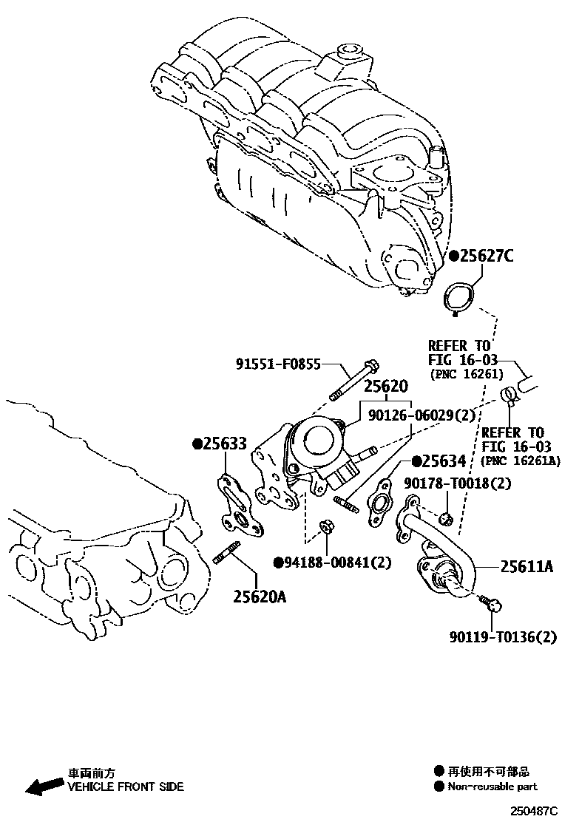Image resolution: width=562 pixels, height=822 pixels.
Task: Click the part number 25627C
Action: [x=485, y=257]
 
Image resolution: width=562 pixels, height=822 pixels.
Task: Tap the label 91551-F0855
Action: [x=278, y=364]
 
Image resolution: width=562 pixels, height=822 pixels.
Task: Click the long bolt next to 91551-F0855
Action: [x=353, y=380]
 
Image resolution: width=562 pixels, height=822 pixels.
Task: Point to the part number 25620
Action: [x=385, y=387]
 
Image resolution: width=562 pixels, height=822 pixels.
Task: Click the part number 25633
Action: [x=224, y=444]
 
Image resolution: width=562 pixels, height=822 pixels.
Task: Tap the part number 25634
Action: [x=444, y=462]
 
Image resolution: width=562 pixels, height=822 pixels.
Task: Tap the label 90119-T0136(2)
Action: [x=503, y=636]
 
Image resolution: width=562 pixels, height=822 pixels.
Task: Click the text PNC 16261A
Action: [x=521, y=461]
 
